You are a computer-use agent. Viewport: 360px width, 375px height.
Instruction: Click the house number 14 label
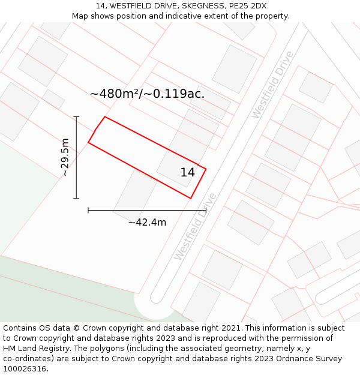tap(188, 173)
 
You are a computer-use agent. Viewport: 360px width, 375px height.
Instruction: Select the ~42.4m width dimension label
tap(147, 223)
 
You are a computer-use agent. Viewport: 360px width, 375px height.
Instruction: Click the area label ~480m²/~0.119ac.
tap(147, 94)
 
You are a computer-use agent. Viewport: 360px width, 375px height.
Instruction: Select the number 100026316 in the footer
tap(25, 369)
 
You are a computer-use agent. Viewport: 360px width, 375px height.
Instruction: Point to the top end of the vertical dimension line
tap(76, 116)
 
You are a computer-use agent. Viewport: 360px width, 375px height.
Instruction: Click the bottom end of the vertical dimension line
tap(76, 198)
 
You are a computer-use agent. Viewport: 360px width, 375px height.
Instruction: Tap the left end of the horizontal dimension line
tap(88, 211)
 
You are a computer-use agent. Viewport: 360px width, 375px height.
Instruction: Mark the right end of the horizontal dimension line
tap(206, 211)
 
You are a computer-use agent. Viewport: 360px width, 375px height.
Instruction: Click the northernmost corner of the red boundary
tap(105, 116)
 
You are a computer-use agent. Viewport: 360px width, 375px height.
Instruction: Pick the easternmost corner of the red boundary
tap(206, 169)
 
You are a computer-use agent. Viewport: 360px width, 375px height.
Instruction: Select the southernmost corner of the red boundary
tap(191, 198)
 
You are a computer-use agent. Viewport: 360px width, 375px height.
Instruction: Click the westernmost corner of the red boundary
tap(88, 143)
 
